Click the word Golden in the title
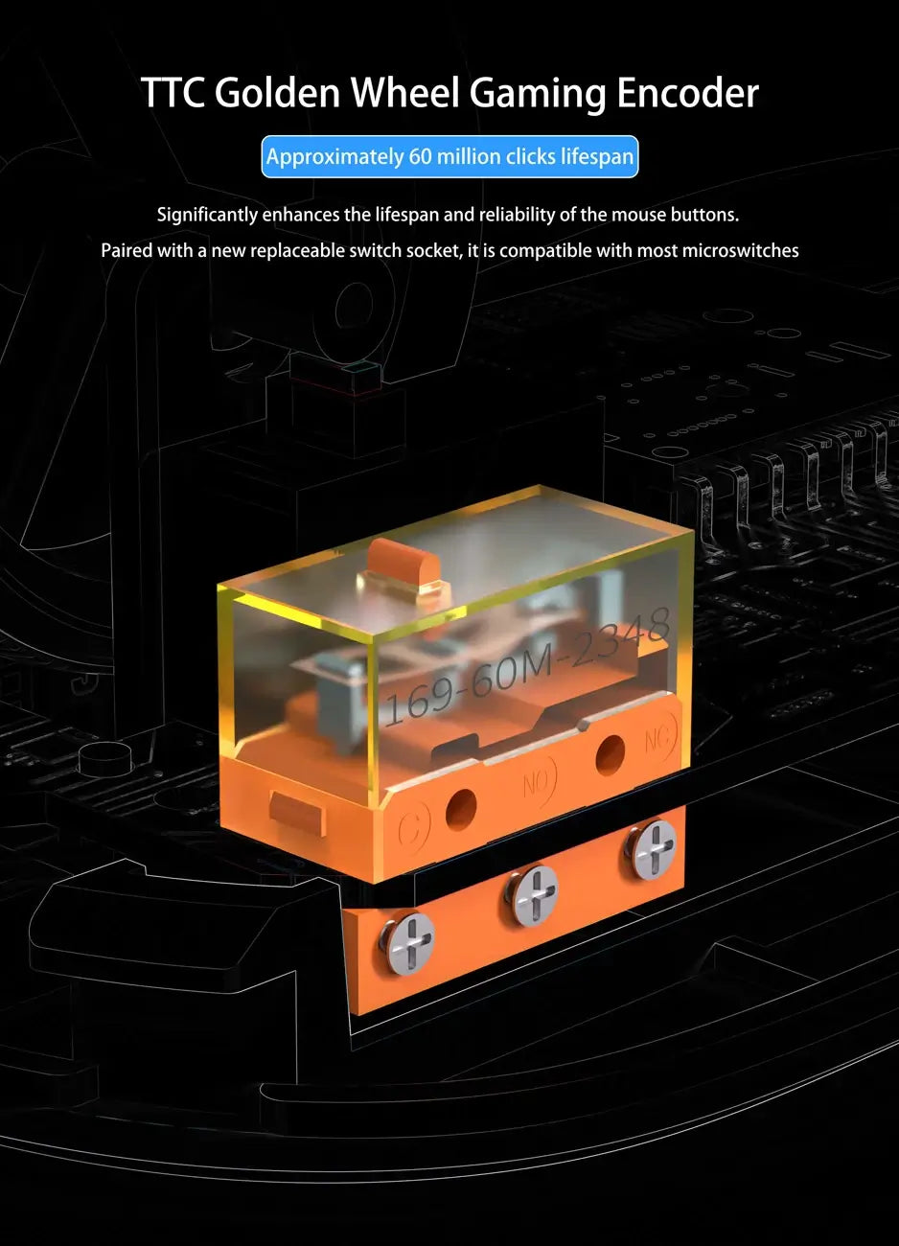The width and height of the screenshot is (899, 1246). tap(277, 92)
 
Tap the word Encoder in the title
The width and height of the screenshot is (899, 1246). tap(687, 92)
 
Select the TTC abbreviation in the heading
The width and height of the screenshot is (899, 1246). tap(173, 92)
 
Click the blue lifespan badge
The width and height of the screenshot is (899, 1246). tap(449, 156)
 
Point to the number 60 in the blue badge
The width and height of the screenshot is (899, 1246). tap(420, 156)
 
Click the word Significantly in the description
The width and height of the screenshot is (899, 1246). tap(207, 215)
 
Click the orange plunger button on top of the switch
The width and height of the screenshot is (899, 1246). tap(403, 564)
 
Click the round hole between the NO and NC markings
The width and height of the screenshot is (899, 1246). tap(610, 756)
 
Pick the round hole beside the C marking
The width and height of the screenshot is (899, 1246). tap(461, 809)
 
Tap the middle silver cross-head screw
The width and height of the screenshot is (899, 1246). tap(531, 895)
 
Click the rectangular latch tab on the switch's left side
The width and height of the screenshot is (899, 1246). tap(296, 813)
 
